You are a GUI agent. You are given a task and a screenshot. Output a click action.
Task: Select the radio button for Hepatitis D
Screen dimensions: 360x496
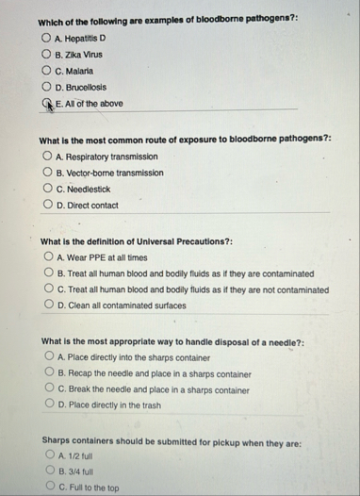45,38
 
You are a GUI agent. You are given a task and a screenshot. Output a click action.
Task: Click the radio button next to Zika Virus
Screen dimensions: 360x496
45,54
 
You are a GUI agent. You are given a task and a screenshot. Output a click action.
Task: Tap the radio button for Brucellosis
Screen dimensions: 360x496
45,87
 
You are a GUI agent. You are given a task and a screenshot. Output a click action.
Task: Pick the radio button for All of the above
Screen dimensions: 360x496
45,104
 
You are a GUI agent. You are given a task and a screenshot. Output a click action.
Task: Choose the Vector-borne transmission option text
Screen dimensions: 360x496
108,174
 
